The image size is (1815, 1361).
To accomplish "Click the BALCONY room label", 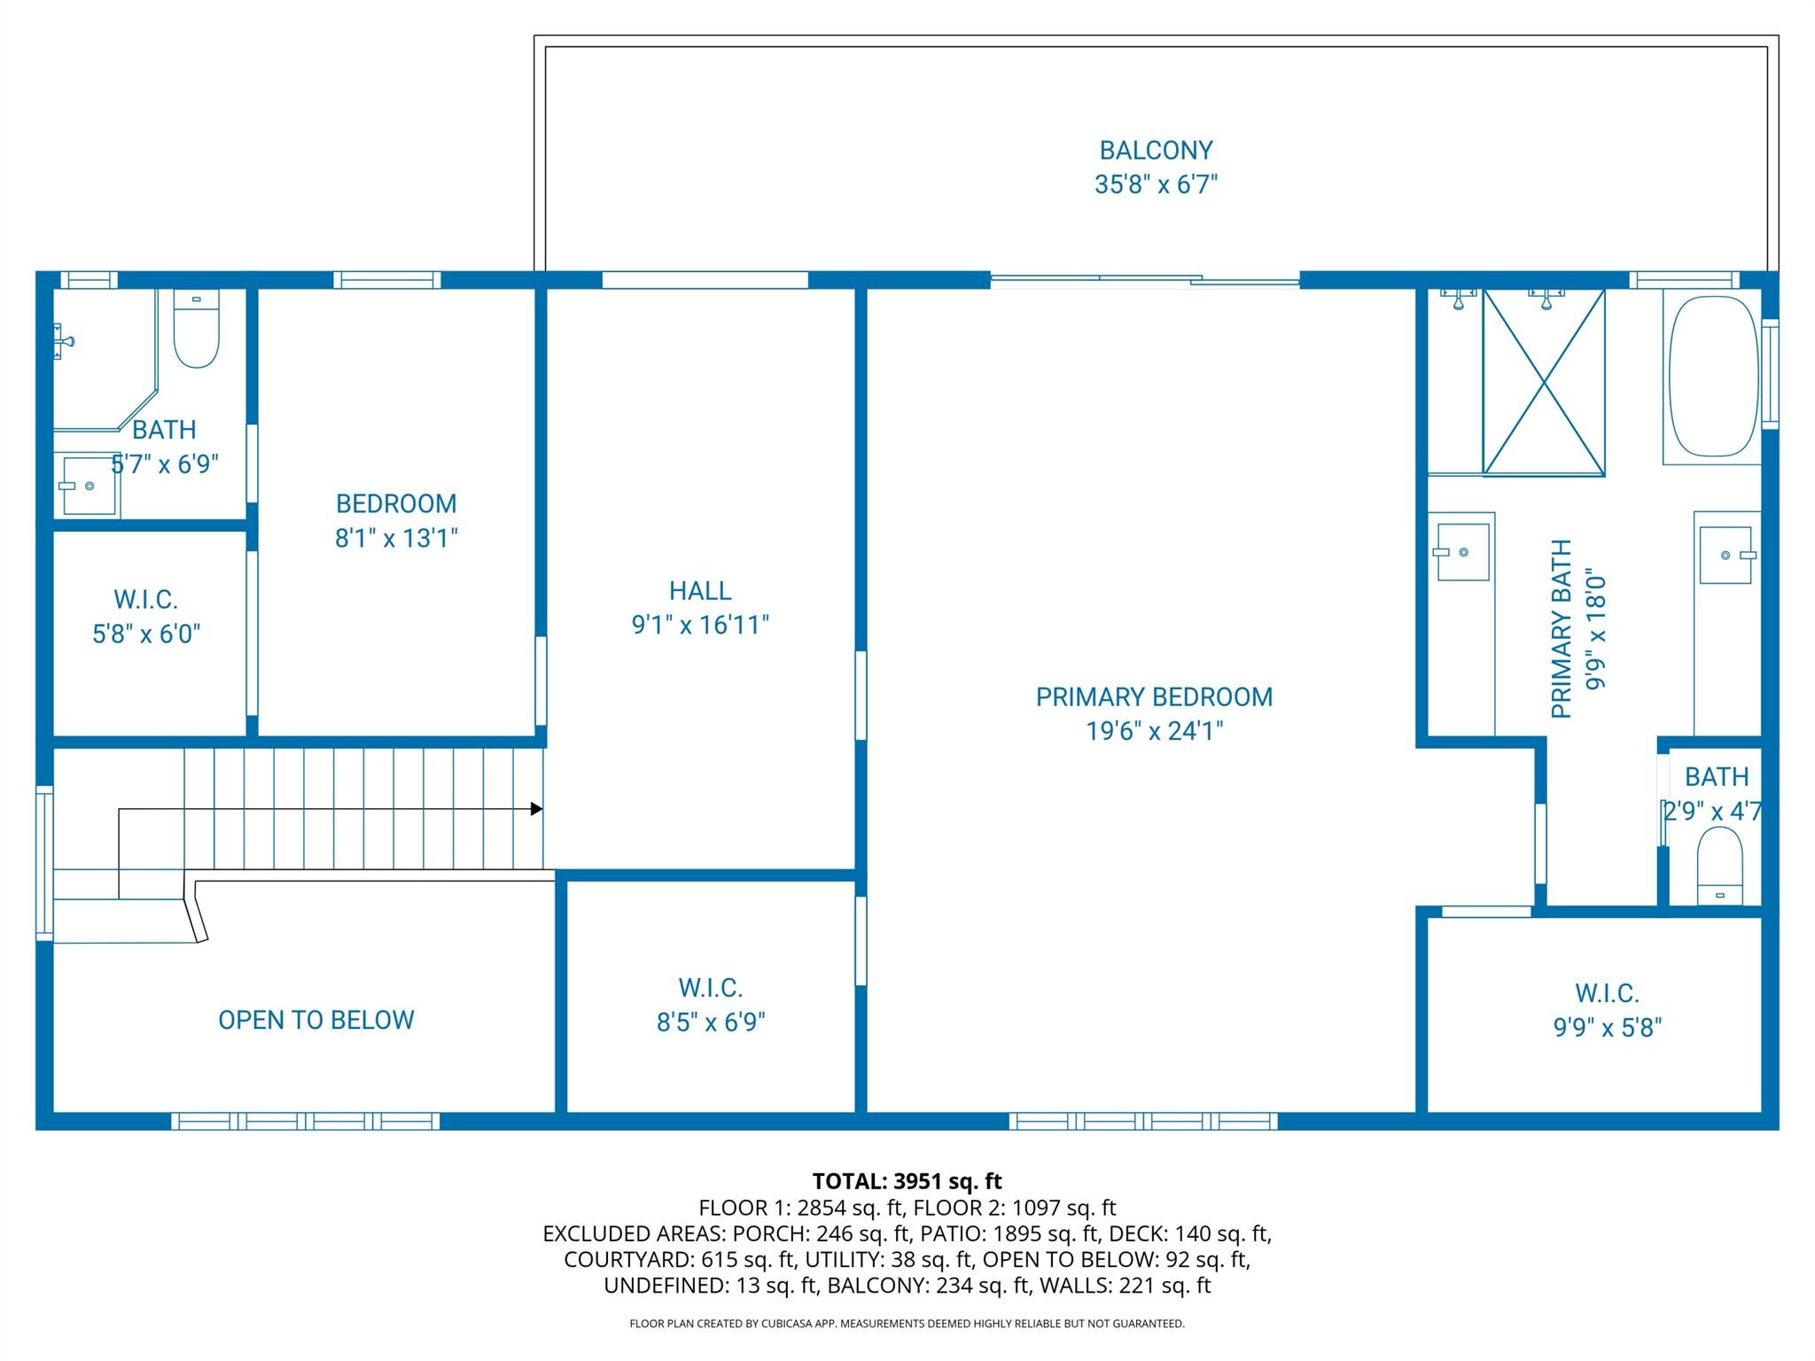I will [1156, 151].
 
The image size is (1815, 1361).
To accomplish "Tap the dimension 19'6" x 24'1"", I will [1155, 731].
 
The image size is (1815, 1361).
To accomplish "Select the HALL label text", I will [700, 591].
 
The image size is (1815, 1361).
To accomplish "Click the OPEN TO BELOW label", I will [316, 1020].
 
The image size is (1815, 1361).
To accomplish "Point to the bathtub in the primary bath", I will [1713, 376].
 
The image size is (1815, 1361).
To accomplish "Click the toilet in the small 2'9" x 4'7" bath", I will [1719, 866].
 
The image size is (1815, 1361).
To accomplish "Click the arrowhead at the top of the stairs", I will [536, 809].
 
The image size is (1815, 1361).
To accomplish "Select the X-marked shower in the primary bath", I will [1544, 382].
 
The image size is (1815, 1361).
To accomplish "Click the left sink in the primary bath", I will [1462, 552].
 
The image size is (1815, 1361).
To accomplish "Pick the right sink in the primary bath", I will [1725, 555].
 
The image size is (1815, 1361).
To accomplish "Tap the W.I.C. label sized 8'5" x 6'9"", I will [711, 988].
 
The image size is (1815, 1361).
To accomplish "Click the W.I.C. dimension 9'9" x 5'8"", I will [1607, 1028].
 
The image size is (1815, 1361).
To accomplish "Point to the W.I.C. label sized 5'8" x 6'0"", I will [146, 600].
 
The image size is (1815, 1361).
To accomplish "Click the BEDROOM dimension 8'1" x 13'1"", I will [396, 538].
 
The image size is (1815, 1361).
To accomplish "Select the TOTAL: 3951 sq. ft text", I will [907, 1181].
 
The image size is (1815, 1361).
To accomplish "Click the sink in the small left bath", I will [89, 486].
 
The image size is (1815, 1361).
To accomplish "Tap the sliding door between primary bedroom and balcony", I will [1144, 280].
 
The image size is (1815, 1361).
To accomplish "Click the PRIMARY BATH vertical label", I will [1562, 629].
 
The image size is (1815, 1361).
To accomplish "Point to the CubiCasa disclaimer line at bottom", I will [907, 1324].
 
